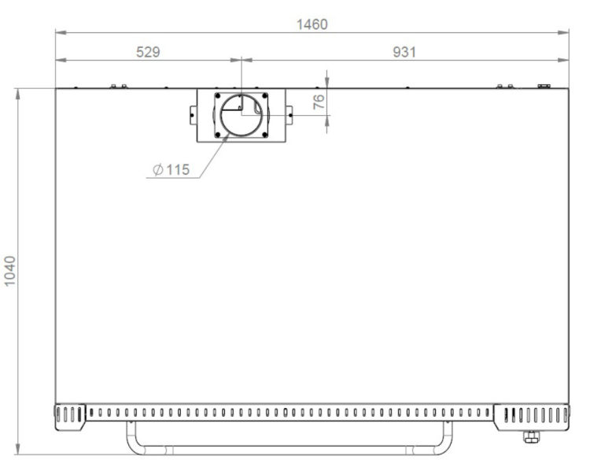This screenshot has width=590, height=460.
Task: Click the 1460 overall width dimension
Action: (x=312, y=24)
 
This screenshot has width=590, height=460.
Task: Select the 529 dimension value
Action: (x=148, y=52)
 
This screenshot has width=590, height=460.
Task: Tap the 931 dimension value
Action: (x=404, y=52)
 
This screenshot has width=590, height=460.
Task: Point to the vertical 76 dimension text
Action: (x=319, y=102)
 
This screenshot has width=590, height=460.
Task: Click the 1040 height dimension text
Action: (x=10, y=271)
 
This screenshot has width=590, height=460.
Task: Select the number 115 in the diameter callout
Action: (x=178, y=169)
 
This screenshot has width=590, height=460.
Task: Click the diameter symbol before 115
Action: (x=158, y=170)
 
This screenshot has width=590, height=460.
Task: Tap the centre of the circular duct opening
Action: (x=242, y=115)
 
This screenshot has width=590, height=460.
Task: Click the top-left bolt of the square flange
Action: (x=217, y=95)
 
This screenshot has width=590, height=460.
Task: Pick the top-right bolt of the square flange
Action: (x=265, y=95)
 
